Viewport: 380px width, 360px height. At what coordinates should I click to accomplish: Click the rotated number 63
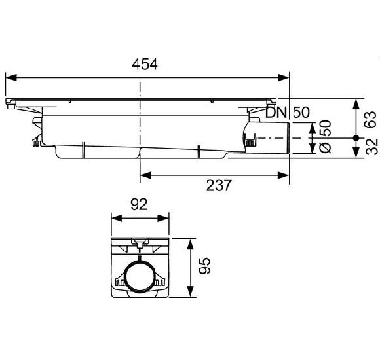(370, 118)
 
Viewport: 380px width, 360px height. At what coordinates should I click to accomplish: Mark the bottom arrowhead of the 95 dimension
(190, 296)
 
